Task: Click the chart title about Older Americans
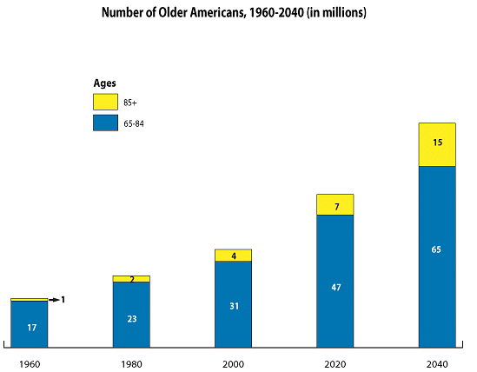point(234,13)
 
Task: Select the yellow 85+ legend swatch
point(105,102)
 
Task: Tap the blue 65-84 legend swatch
point(105,123)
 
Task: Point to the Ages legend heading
point(104,83)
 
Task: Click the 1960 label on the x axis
point(30,364)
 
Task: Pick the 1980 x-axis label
point(131,364)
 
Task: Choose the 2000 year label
point(233,364)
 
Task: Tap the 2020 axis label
point(335,364)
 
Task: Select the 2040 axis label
point(437,364)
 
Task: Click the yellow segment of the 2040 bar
point(437,144)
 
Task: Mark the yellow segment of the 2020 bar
point(335,204)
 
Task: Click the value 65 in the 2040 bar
point(436,249)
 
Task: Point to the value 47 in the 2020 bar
point(336,288)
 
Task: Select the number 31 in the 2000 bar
point(235,306)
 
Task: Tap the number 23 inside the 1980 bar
point(132,319)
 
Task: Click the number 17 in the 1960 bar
point(32,328)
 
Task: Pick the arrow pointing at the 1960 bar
point(54,300)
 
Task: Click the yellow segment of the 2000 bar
point(234,256)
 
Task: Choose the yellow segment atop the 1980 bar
point(131,279)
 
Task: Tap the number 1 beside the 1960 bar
point(63,300)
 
